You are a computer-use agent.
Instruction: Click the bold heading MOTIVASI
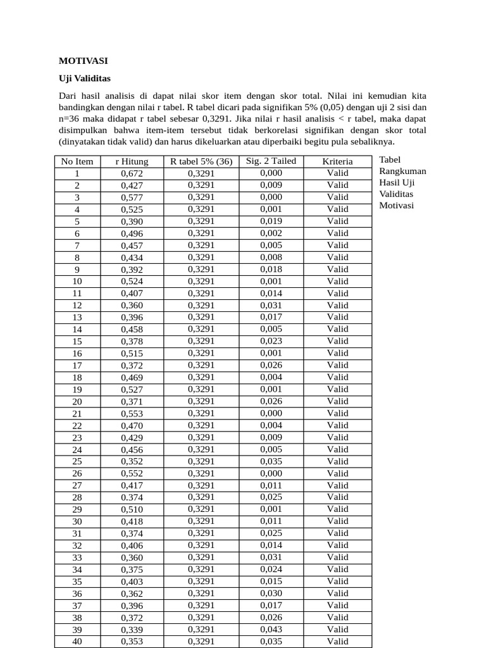tap(84, 61)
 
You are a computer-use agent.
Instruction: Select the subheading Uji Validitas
tap(84, 78)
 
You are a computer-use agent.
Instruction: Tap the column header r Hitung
tap(132, 161)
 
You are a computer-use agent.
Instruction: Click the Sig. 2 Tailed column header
tap(271, 161)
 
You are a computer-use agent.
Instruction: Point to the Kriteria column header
tap(337, 161)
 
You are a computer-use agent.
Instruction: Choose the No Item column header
tap(77, 161)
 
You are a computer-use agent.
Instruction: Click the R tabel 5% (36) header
tap(201, 161)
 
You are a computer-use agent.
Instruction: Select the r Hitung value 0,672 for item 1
tap(132, 173)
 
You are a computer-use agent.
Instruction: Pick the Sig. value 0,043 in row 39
tap(271, 629)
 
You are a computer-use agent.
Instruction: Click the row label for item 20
tap(77, 401)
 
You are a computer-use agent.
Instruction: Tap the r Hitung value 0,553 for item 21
tap(132, 413)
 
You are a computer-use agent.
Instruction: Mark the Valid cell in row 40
tap(337, 641)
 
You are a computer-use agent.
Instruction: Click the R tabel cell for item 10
tap(201, 281)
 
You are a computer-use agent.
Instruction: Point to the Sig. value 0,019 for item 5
tap(271, 221)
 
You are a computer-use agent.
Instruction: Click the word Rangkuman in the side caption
tap(402, 171)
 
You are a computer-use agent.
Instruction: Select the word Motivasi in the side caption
tap(397, 205)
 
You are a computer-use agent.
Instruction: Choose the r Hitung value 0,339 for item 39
tap(132, 630)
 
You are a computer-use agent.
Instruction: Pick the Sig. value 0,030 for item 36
tap(271, 593)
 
